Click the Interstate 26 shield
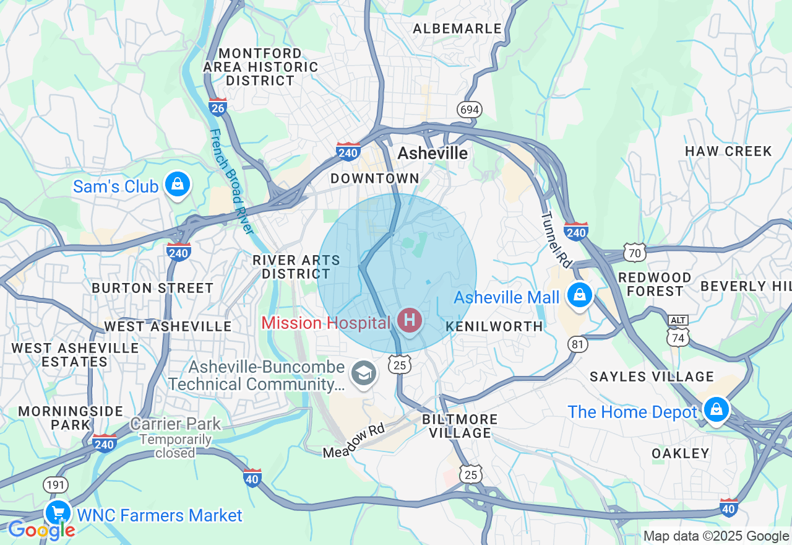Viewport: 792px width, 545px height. tap(217, 107)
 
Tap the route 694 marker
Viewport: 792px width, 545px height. tap(470, 110)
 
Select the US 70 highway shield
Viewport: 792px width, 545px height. tap(635, 252)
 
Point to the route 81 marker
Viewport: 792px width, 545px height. tap(578, 344)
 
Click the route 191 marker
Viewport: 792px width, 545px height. tap(56, 485)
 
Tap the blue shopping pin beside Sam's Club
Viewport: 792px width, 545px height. tap(178, 185)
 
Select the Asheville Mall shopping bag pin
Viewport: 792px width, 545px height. tap(580, 295)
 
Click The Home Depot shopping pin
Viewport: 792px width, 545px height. tap(716, 411)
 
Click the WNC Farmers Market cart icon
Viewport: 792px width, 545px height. tap(58, 513)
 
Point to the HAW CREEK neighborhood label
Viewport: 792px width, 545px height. tap(728, 151)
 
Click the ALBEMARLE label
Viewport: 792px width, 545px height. tap(457, 28)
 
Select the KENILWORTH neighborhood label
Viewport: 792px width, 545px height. tap(494, 326)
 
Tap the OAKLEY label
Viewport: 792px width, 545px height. tap(681, 453)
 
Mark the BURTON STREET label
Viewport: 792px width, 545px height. tap(152, 288)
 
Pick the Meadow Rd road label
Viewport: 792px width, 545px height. tap(355, 441)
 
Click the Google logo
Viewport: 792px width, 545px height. tap(41, 530)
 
